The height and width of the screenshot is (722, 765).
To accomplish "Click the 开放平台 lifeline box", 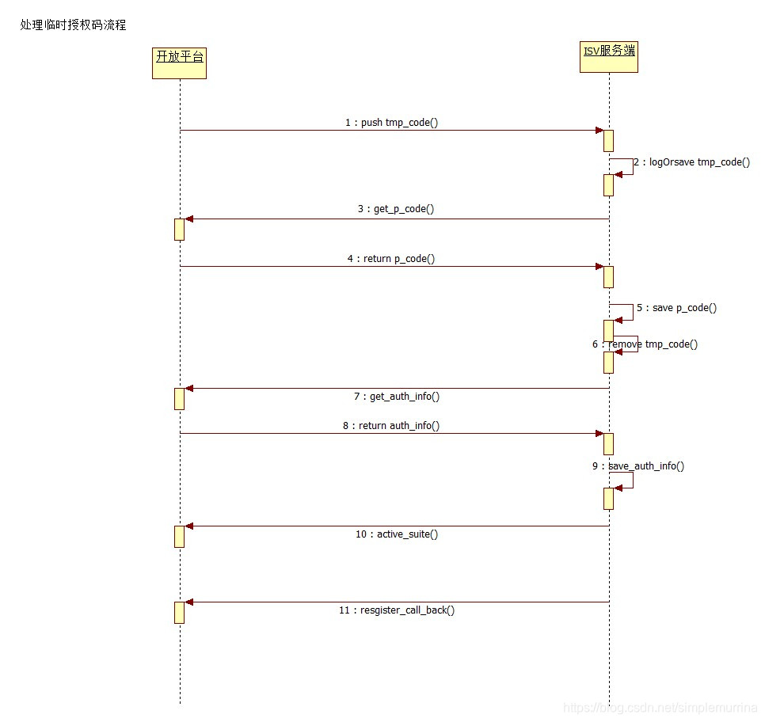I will [179, 63].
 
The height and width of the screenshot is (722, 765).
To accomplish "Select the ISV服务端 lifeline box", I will [608, 57].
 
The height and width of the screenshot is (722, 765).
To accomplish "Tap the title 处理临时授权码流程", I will [73, 25].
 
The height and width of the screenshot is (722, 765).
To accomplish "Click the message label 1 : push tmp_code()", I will [391, 123].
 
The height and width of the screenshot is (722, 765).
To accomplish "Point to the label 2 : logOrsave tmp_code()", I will [691, 162].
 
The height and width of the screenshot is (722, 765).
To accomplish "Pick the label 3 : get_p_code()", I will [395, 209].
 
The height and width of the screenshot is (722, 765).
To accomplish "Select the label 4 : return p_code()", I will [390, 258].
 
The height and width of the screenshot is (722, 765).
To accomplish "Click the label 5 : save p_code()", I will [676, 307].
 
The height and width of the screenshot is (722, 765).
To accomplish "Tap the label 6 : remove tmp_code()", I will [645, 344].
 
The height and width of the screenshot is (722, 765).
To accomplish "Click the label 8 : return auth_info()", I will [391, 425].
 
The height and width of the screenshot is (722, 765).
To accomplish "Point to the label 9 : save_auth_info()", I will [637, 465].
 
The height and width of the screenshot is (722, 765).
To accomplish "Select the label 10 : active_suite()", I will [396, 534].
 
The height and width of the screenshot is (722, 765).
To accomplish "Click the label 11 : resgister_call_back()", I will [396, 610].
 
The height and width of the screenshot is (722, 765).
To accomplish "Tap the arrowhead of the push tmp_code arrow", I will [599, 131].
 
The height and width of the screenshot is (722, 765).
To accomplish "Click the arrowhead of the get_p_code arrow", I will [188, 218].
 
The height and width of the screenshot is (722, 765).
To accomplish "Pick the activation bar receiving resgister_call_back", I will [179, 612].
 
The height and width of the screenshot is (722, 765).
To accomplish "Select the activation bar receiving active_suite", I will [179, 536].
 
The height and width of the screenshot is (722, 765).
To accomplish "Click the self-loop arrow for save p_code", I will [626, 312].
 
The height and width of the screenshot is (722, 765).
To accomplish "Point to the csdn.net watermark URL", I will [660, 707].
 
